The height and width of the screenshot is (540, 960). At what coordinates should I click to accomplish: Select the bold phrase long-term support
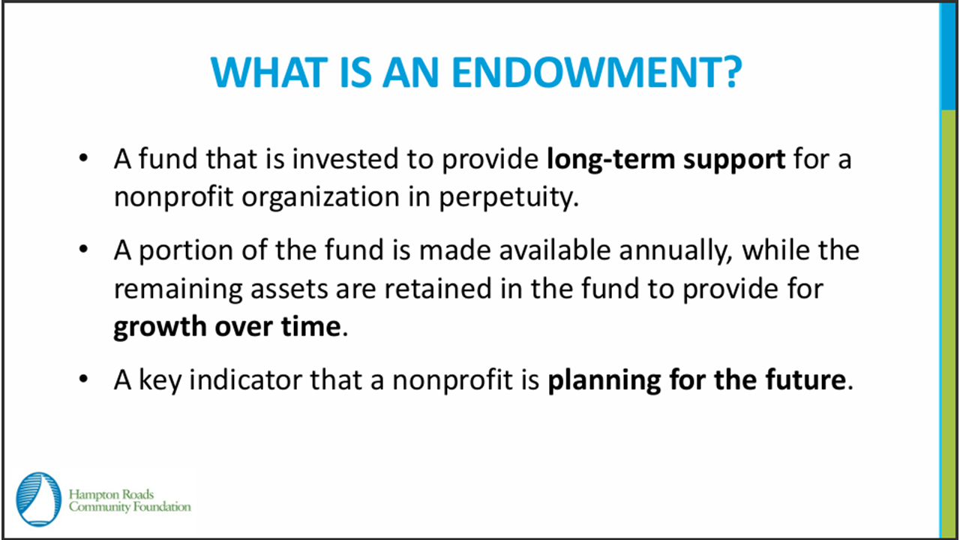(x=666, y=160)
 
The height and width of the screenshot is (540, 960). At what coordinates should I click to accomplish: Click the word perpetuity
(x=508, y=198)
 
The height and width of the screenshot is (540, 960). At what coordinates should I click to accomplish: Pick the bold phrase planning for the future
(x=697, y=380)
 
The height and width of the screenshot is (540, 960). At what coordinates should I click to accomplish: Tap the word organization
(x=321, y=198)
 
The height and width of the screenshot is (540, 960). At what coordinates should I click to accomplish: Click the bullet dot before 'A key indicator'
(x=83, y=379)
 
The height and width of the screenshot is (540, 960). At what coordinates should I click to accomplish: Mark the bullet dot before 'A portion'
(x=83, y=249)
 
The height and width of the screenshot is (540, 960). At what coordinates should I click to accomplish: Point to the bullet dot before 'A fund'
(x=83, y=158)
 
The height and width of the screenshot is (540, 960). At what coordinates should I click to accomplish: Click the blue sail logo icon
(x=38, y=499)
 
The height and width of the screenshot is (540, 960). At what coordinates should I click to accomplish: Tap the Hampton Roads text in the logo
(x=112, y=494)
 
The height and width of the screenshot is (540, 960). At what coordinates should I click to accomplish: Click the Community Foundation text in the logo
(x=130, y=507)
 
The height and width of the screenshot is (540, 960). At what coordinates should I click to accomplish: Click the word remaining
(x=178, y=289)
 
